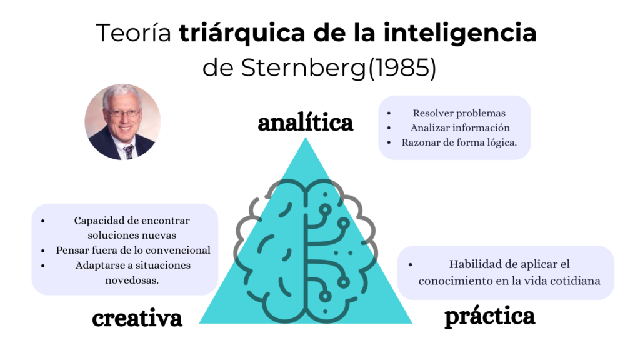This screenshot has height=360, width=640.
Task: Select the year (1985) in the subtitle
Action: tap(402, 67)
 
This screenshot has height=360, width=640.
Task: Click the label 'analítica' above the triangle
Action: tap(305, 122)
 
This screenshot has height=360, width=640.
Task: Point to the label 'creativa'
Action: tap(137, 318)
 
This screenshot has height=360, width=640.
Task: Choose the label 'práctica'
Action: tap(490, 317)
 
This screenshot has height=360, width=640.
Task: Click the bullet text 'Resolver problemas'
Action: tap(459, 113)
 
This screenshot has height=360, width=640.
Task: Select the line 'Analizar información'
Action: tap(460, 127)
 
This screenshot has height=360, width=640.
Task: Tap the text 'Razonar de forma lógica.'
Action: tap(459, 142)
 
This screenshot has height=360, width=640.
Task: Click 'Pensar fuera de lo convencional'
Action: tap(133, 250)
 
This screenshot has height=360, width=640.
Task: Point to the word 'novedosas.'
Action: tap(132, 281)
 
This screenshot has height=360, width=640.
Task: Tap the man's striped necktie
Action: tap(129, 151)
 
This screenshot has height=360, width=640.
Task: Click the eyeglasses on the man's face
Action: tap(124, 113)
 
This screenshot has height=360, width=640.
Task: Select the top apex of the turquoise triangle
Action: tap(305, 137)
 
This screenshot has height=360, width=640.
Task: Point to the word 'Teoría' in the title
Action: tap(134, 32)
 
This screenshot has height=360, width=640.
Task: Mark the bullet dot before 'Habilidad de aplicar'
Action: tap(411, 265)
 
